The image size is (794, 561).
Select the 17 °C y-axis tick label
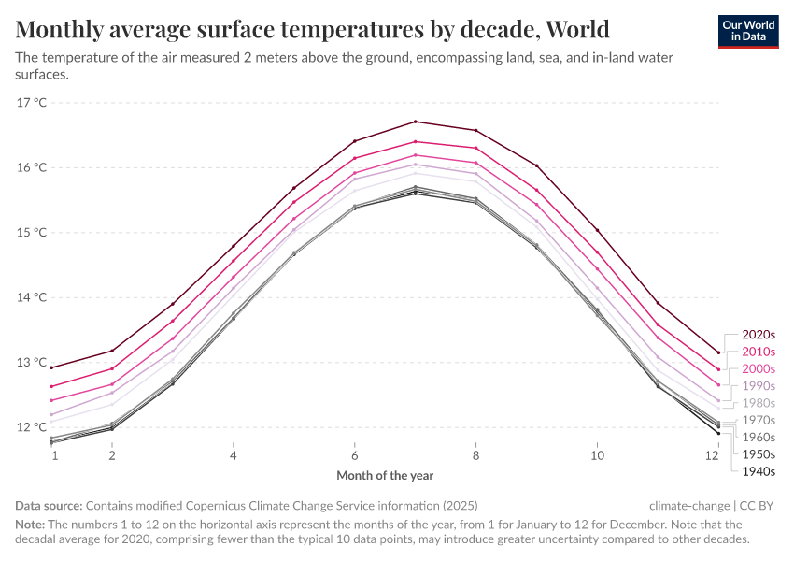tap(32, 103)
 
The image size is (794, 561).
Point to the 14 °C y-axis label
tap(32, 297)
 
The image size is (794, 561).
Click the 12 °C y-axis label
tap(32, 427)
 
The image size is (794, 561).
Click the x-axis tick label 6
tap(355, 455)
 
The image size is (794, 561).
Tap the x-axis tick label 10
tap(597, 455)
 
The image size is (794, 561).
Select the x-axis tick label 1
tap(54, 455)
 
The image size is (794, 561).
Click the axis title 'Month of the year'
tap(385, 476)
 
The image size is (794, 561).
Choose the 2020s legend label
tap(759, 334)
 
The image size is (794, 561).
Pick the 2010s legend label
tap(759, 352)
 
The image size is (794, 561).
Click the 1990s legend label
tap(759, 386)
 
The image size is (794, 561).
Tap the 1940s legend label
tap(759, 471)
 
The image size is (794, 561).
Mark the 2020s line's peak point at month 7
tap(416, 122)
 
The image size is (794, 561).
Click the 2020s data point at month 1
tap(51, 367)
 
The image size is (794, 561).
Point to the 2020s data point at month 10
tap(597, 230)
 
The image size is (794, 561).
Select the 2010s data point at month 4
tap(234, 261)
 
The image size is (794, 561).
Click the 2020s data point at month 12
tap(717, 352)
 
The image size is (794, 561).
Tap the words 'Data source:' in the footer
tap(49, 504)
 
